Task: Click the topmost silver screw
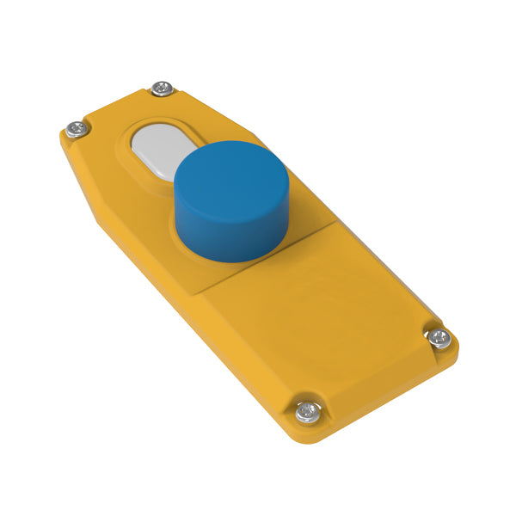162,89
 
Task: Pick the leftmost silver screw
77,129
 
